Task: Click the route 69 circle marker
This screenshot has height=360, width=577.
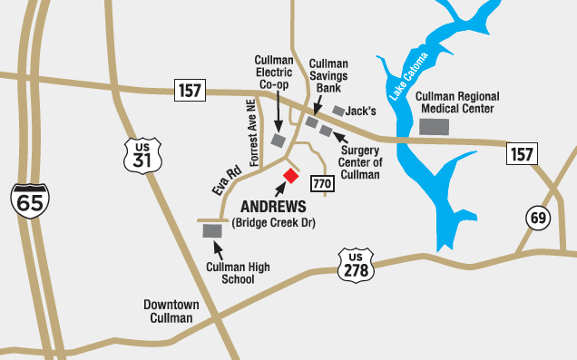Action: click(x=539, y=218)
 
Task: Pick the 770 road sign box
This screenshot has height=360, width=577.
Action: click(x=322, y=183)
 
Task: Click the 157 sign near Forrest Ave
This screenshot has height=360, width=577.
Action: click(x=190, y=91)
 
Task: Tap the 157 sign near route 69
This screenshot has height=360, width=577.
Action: click(x=521, y=154)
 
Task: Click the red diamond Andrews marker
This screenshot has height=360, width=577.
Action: click(x=290, y=175)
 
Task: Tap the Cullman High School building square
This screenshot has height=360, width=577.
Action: click(x=213, y=231)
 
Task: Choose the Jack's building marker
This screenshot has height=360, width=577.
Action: click(x=339, y=111)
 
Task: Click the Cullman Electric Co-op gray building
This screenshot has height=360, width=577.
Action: click(x=279, y=141)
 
